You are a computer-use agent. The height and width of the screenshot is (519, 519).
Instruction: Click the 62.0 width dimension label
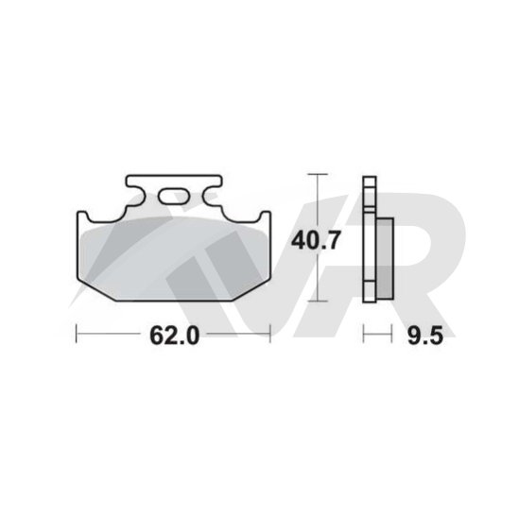tap(175, 336)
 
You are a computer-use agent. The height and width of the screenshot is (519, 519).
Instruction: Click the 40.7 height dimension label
tap(316, 240)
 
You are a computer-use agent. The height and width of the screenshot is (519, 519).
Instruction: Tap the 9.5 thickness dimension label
tap(425, 336)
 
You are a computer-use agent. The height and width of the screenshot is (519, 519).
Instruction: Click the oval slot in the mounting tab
tap(174, 197)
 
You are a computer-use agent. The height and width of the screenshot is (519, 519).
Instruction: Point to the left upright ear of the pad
tap(83, 216)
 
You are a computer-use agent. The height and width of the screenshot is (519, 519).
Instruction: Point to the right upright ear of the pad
tap(265, 216)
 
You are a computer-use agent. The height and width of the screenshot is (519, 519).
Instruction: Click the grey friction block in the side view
tap(385, 258)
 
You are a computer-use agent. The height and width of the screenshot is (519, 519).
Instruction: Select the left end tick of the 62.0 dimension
tap(77, 334)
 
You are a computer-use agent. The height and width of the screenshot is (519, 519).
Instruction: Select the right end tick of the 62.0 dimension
tap(270, 334)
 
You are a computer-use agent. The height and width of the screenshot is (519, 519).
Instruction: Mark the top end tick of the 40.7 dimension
tap(318, 174)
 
